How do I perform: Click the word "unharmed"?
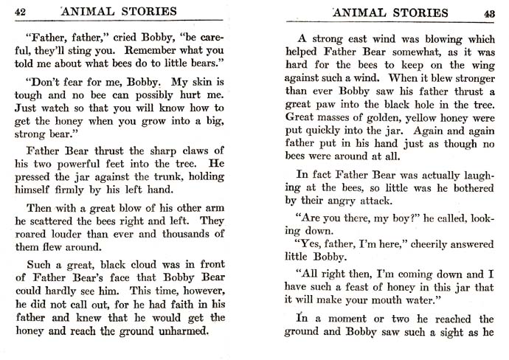point(182,330)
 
